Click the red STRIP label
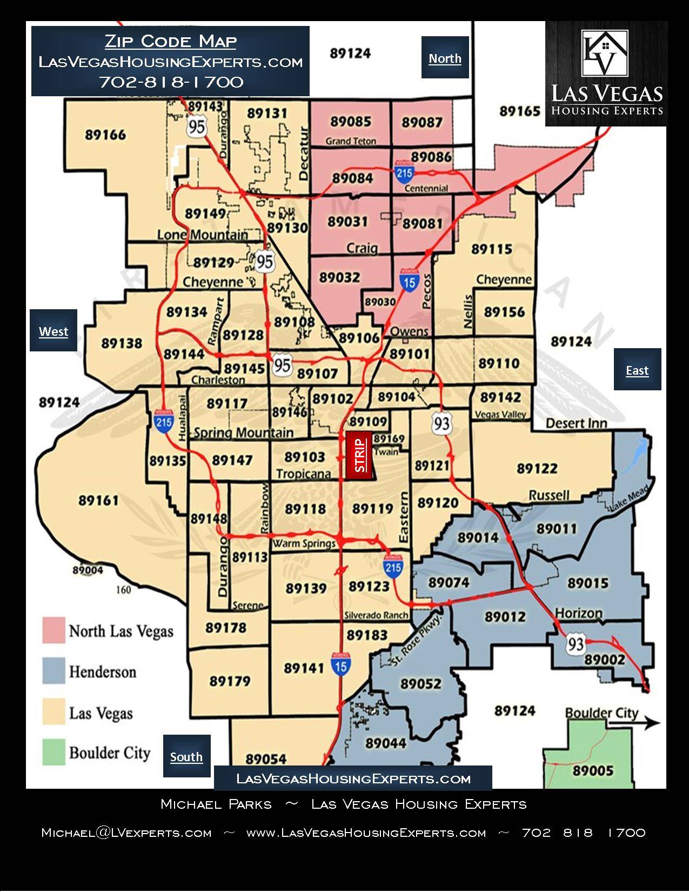point(359,455)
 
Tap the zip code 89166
point(105,135)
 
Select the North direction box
point(445,58)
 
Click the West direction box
point(53,331)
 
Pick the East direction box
point(637,370)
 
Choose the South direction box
point(186,756)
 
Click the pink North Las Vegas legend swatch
point(53,630)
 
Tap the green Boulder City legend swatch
point(53,752)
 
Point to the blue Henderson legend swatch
point(53,671)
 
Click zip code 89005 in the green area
point(593,770)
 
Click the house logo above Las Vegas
point(605,52)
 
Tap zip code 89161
point(98,500)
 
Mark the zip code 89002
point(605,659)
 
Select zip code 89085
point(351,122)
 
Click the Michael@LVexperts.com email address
point(126,833)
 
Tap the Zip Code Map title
point(170,41)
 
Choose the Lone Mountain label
point(203,235)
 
